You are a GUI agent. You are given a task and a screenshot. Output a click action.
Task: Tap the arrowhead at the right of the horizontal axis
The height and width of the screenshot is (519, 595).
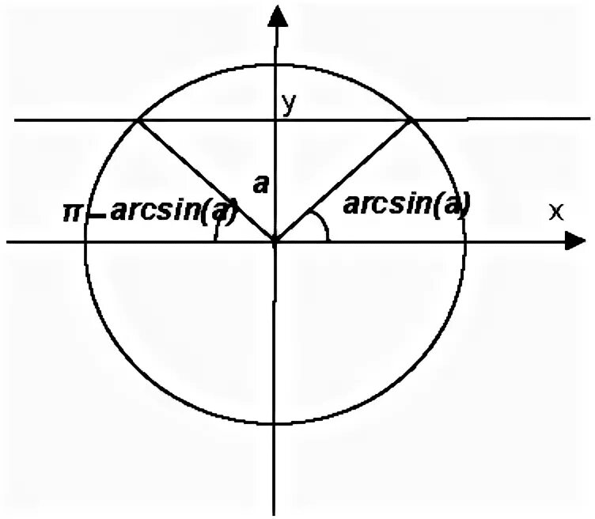[576, 241]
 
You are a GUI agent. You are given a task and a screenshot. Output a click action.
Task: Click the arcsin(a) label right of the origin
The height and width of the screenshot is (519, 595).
[407, 205]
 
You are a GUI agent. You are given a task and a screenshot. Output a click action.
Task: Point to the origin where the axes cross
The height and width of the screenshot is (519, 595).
[275, 241]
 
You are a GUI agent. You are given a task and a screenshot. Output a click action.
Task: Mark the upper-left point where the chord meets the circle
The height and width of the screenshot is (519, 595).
[138, 119]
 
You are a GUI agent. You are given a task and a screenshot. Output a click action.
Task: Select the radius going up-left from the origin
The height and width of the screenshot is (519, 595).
[207, 180]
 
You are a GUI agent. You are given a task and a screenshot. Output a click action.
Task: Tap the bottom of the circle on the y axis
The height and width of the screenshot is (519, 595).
[275, 424]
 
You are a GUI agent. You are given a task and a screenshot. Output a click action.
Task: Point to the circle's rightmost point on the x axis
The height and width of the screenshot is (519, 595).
[466, 241]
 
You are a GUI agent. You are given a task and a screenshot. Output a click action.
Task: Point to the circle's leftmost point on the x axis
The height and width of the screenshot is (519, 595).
[85, 241]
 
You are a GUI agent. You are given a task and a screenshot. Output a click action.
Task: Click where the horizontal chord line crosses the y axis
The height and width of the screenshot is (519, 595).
[275, 119]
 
